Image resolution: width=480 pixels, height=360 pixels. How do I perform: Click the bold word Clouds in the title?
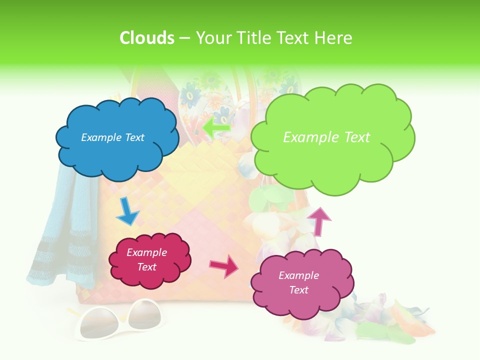click(x=147, y=38)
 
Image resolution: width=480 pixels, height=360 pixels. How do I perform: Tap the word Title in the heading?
click(x=253, y=38)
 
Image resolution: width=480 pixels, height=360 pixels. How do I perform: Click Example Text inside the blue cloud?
click(x=112, y=137)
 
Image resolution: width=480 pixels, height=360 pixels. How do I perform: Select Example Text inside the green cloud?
click(x=326, y=137)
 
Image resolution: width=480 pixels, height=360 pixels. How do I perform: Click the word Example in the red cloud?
click(x=146, y=252)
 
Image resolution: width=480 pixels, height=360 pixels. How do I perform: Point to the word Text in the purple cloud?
click(x=298, y=290)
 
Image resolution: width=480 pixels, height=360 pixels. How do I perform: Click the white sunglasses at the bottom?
click(x=118, y=320)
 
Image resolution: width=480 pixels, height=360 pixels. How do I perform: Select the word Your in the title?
click(x=212, y=38)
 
